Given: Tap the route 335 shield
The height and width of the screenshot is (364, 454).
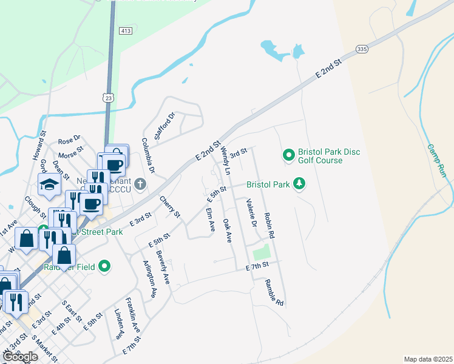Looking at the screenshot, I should (x=362, y=49).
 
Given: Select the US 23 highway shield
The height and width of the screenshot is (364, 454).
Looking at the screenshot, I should (x=108, y=97).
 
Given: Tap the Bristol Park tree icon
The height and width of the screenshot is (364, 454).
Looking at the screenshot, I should (x=299, y=184).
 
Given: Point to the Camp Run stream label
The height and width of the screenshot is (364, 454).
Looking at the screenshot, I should (x=436, y=161).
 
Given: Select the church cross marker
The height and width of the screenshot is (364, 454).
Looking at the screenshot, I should (x=140, y=184).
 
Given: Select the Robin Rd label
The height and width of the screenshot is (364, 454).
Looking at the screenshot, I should (x=269, y=225).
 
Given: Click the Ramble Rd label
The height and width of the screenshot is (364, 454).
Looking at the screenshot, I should (x=274, y=292).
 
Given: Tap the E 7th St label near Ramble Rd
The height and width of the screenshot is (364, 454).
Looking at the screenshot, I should (x=257, y=267).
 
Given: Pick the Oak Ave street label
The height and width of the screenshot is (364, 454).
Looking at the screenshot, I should (x=228, y=231).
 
